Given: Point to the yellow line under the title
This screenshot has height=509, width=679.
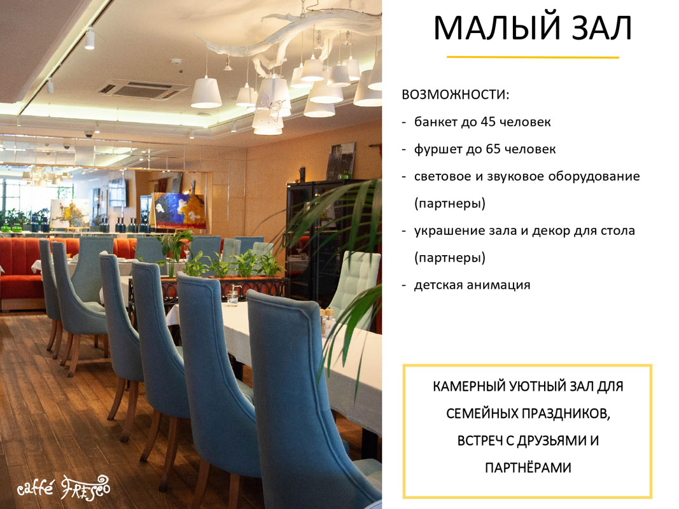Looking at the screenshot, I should click(x=533, y=57).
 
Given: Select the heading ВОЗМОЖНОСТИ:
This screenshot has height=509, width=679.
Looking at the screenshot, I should click(x=456, y=95).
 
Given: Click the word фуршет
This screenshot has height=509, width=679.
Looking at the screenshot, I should click(x=436, y=149).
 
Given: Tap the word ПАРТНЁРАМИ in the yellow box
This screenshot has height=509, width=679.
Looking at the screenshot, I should click(x=528, y=468).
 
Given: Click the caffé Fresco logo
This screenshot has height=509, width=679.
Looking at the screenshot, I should click(x=63, y=488).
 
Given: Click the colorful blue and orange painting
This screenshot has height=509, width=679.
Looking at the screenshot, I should click(x=179, y=211).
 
